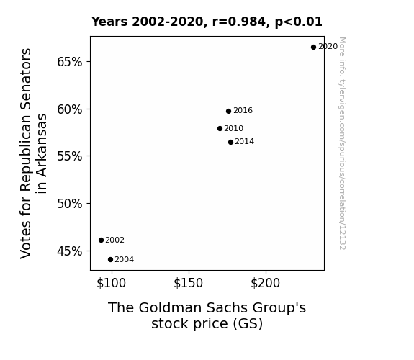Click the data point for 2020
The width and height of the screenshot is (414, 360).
[313, 47]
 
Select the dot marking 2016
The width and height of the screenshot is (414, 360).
[229, 111]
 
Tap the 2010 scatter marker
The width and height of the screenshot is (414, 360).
[220, 129]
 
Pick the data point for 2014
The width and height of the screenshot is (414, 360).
[231, 142]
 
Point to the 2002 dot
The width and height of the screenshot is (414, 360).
[101, 240]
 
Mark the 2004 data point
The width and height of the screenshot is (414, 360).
[111, 260]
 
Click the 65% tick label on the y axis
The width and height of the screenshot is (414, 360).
[70, 62]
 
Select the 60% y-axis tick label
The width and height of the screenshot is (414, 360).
[70, 109]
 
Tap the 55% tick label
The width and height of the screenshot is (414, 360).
[70, 156]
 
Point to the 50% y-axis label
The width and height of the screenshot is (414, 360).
[70, 204]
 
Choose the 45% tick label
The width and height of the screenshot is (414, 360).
[70, 251]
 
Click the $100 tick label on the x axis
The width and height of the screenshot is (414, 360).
[112, 283]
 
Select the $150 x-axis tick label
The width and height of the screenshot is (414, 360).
[188, 283]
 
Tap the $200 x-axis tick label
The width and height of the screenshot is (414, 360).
[266, 283]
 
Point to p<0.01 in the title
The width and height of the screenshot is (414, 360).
[299, 22]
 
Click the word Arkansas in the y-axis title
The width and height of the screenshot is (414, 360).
[42, 153]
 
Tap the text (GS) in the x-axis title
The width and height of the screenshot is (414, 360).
[248, 324]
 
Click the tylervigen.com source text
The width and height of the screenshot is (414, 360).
[342, 143]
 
